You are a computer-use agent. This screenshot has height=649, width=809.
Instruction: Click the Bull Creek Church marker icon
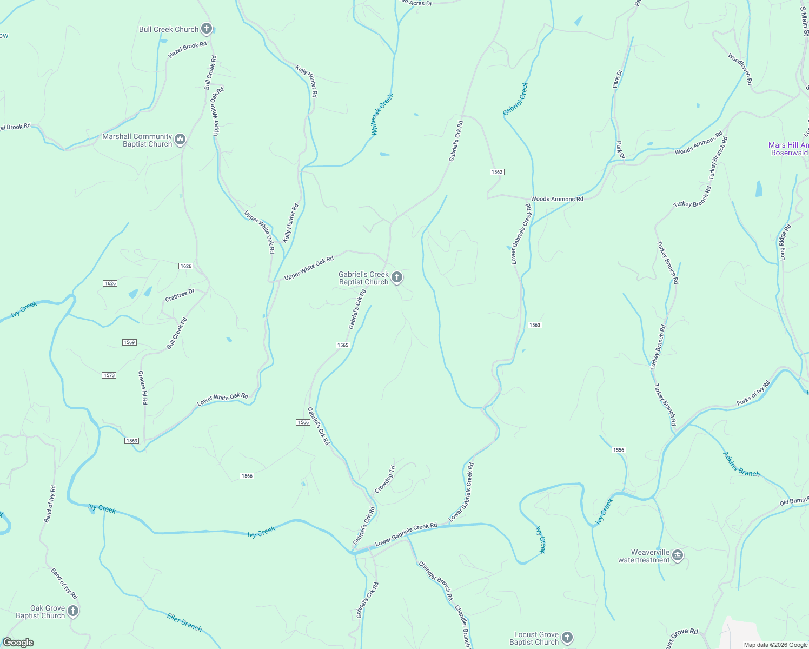point(206,29)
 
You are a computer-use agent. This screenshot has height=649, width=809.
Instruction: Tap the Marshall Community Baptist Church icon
point(180,140)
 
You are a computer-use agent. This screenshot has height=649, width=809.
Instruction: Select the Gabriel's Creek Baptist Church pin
point(397,278)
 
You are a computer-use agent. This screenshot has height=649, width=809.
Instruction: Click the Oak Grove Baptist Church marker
point(73,612)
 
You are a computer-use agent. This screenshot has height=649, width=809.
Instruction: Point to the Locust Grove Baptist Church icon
point(567,638)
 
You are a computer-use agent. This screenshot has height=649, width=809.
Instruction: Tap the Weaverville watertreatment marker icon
point(678,556)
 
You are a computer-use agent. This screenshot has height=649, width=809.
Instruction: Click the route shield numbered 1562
point(497,172)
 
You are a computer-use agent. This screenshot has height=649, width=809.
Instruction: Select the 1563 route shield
point(534,325)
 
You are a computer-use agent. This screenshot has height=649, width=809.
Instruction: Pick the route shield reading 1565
point(343,345)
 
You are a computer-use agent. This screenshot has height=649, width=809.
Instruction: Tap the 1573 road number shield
point(109,375)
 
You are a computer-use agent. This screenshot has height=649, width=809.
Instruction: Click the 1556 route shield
point(619,450)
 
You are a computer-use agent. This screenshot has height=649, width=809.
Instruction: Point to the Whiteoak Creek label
point(382,114)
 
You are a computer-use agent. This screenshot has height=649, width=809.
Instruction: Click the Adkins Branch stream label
point(741,464)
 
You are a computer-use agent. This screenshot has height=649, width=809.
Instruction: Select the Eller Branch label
point(184,622)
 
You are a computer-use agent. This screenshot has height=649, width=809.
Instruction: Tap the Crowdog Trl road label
point(386,479)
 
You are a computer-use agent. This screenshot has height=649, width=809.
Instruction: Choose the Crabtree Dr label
point(180,295)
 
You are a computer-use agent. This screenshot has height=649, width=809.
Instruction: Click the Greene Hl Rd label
point(143,387)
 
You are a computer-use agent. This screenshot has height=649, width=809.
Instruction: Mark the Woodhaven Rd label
point(740,69)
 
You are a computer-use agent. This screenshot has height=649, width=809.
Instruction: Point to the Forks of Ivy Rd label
point(753,394)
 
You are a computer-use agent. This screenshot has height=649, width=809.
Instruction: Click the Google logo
point(18,642)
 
